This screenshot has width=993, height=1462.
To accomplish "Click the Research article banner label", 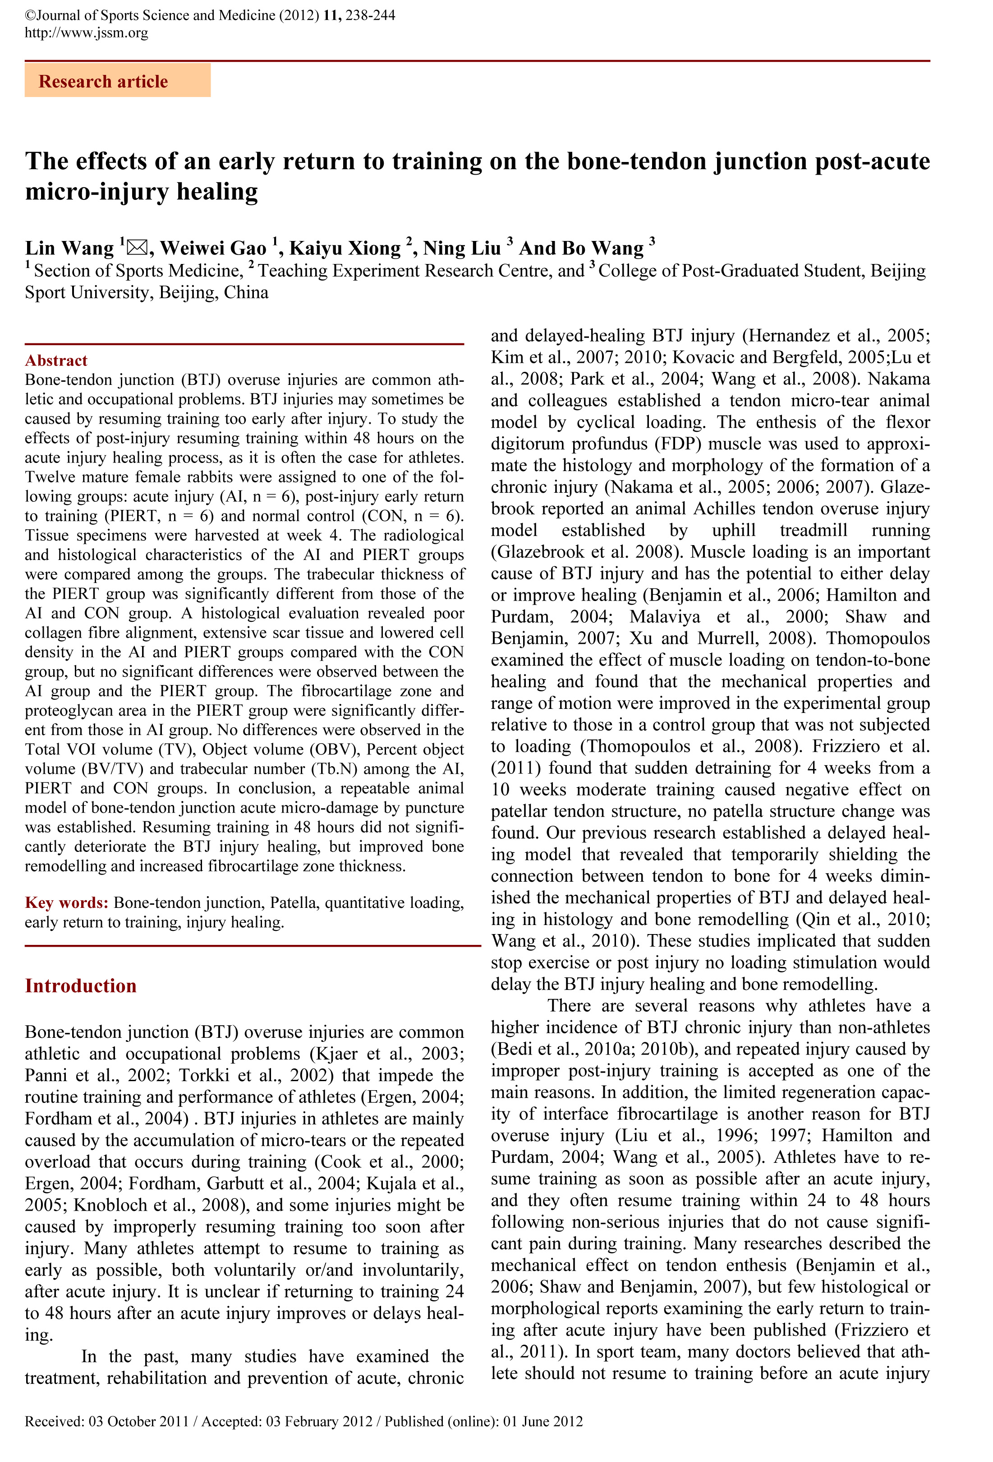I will (x=103, y=82).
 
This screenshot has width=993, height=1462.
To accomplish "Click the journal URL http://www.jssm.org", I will (x=87, y=32).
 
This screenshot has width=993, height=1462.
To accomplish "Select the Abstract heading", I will (x=56, y=361).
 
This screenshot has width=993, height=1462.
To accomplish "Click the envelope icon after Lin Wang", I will (x=137, y=248).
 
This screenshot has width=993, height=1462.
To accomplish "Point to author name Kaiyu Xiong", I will (x=345, y=249).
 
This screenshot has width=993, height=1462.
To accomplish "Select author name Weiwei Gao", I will (x=213, y=249).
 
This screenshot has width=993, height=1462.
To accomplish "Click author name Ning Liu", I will (x=462, y=249).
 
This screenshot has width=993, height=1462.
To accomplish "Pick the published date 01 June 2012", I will (x=542, y=1421).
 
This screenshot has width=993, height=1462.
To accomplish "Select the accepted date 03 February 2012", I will (x=319, y=1421).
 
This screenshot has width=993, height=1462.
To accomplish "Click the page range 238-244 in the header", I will (x=370, y=15).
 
